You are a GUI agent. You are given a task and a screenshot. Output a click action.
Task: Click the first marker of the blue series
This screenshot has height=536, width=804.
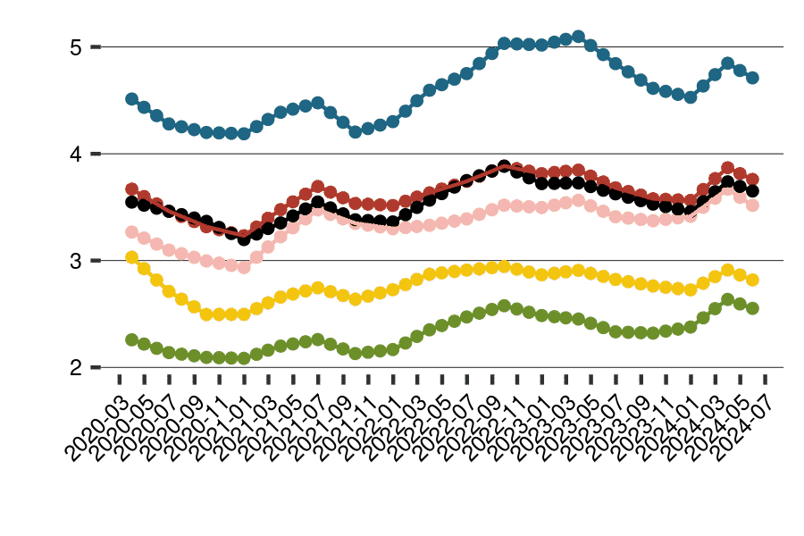point(132,98)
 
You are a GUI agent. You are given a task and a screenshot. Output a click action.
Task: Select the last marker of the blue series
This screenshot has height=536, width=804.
point(753,78)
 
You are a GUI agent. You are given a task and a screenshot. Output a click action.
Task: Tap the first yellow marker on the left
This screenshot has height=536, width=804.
point(132,257)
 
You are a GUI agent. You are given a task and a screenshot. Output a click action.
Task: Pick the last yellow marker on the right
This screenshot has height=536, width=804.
point(753,280)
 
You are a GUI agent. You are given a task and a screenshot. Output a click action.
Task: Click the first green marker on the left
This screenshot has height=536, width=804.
point(132,339)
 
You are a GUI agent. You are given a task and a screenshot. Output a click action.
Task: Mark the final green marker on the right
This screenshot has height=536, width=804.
point(753,308)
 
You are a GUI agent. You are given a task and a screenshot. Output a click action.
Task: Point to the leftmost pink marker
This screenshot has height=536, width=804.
point(132,231)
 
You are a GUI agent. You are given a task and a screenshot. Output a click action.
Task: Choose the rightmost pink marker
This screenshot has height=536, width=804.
point(753,205)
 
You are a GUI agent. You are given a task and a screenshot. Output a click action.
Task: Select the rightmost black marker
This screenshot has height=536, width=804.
point(753,190)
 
